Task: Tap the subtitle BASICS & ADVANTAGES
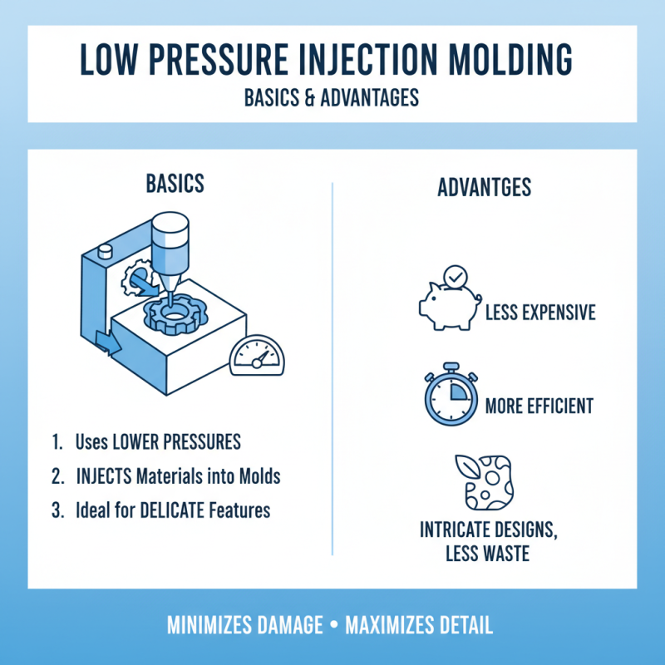[332, 97]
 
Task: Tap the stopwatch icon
[449, 394]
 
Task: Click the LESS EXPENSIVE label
[539, 313]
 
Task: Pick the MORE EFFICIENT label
[539, 406]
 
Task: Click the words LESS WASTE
[485, 553]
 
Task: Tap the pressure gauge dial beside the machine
[256, 358]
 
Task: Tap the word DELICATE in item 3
[174, 510]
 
